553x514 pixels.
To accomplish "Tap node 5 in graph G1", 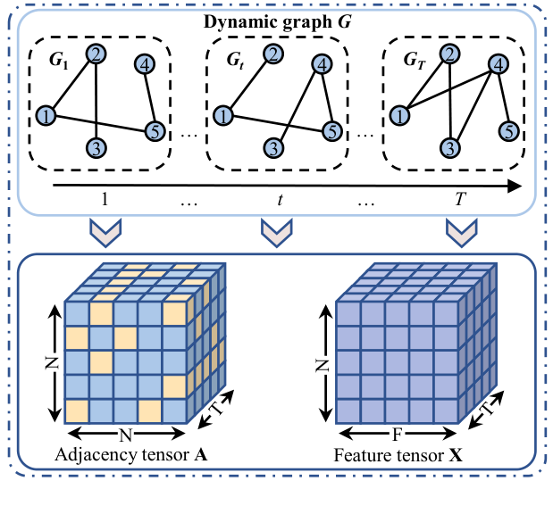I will click(x=155, y=130).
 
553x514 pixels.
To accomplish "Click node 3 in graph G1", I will click(x=96, y=146).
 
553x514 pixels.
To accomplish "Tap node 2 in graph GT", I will click(x=451, y=55).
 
